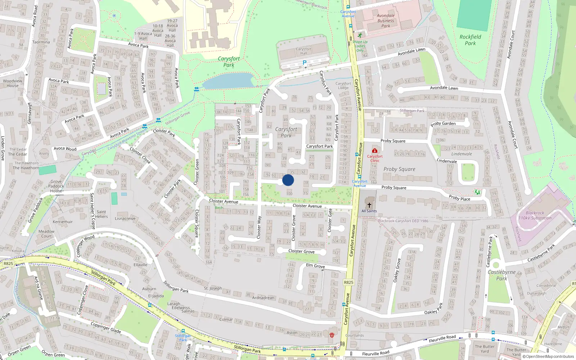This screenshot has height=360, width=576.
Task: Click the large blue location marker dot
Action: (288, 180)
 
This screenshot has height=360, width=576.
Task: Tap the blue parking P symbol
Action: (305, 63)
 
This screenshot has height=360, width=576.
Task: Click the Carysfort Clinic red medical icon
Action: (375, 150)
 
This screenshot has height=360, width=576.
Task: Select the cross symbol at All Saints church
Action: (369, 205)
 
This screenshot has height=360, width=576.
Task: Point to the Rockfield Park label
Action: (470, 40)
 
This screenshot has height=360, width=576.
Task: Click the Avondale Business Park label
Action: (386, 21)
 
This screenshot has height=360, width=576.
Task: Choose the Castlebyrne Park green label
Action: (501, 275)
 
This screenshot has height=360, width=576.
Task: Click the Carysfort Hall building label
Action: (303, 51)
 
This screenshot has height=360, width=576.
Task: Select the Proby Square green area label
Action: (399, 169)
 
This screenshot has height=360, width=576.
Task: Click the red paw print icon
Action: (332, 335)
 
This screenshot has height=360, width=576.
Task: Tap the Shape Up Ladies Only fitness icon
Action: (360, 35)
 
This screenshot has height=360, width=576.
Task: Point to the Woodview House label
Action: (13, 83)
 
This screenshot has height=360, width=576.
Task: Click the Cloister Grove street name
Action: (301, 251)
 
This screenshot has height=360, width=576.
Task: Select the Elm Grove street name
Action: (315, 266)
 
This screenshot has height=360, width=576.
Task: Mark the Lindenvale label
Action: (462, 154)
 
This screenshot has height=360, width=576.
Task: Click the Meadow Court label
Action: (46, 234)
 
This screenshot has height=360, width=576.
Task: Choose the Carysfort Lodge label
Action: (343, 86)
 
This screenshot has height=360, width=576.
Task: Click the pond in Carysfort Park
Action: (227, 81)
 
